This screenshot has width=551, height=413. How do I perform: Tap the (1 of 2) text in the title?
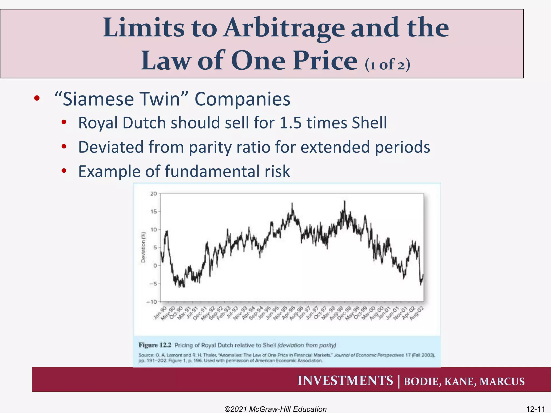point(387,65)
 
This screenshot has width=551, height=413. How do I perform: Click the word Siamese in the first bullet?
point(98,99)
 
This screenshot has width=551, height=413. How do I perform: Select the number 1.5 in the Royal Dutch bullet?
point(291,123)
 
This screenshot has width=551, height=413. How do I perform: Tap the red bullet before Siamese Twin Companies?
point(37,98)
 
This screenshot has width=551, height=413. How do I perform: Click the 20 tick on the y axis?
point(153,194)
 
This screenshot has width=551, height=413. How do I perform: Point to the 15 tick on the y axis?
point(153,212)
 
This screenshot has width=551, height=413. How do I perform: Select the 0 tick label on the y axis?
point(155,266)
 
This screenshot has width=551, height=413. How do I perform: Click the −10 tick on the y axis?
point(151,302)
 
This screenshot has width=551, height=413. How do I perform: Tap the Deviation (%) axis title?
point(143,247)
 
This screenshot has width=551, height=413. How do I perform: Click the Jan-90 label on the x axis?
point(160,313)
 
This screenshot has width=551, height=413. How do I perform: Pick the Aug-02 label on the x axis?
point(417,314)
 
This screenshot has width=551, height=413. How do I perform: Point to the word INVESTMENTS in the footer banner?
point(345,381)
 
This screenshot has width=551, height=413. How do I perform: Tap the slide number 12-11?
point(535,409)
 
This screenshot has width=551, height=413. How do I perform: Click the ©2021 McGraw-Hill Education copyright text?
point(275,409)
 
